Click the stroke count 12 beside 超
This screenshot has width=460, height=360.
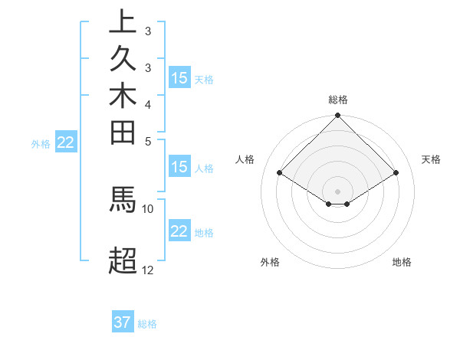tap(148, 270)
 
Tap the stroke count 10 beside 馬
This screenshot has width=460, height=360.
tap(148, 208)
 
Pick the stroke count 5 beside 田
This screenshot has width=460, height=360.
tap(148, 141)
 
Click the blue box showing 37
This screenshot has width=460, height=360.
tap(123, 322)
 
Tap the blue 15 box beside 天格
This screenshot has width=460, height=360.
tap(179, 77)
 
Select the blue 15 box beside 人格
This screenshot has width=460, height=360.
tap(179, 167)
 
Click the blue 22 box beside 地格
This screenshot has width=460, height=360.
tap(179, 231)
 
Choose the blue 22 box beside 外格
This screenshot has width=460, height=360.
tap(66, 142)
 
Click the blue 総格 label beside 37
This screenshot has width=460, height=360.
tap(147, 324)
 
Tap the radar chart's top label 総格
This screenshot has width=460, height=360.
tap(338, 100)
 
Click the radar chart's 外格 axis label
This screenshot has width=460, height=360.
tap(270, 262)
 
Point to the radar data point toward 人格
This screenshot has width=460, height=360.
tap(280, 173)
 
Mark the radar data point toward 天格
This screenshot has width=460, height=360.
tap(396, 173)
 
